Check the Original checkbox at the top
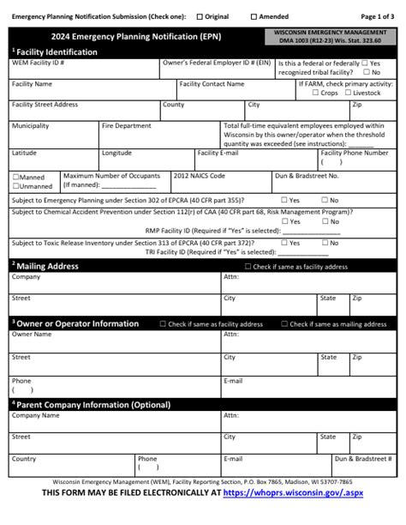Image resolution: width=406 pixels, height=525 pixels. click(x=200, y=16)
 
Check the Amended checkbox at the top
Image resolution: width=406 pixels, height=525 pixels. click(x=254, y=16)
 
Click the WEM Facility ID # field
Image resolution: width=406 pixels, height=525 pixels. click(x=84, y=69)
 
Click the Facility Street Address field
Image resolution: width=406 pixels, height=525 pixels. click(x=84, y=111)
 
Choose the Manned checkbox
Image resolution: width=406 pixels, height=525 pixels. click(x=15, y=178)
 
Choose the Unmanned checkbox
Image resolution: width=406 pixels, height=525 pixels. click(x=15, y=186)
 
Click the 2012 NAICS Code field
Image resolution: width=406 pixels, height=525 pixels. click(x=220, y=183)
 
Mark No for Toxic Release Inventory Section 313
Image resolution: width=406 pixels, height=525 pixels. click(x=323, y=243)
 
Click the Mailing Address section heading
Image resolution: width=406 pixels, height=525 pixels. click(x=47, y=266)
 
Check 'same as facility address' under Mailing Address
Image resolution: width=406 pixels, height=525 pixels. click(x=248, y=267)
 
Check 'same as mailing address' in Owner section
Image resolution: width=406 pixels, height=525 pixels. click(x=285, y=324)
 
